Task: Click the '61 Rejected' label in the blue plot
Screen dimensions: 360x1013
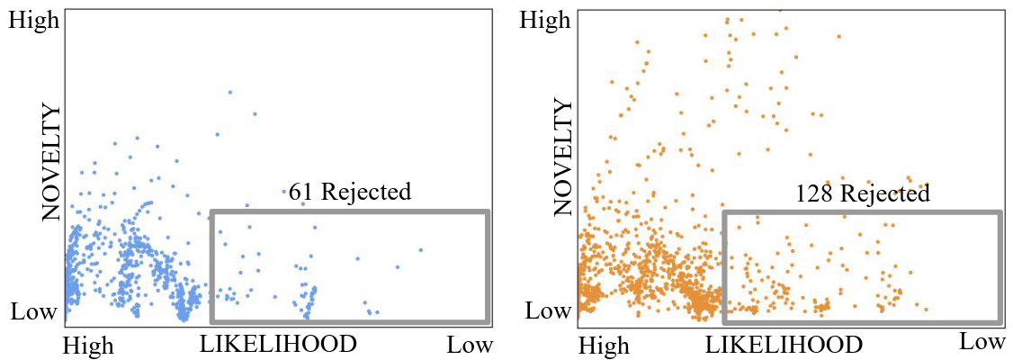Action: (350, 191)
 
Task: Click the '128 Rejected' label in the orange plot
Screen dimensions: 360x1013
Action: (862, 193)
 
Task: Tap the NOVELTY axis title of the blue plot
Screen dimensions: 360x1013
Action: (50, 162)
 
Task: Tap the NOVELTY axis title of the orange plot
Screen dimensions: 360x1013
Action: (564, 158)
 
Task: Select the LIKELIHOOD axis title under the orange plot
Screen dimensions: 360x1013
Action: (784, 345)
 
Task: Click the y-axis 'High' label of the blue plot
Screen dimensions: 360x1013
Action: (34, 20)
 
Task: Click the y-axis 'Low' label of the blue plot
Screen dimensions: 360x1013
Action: (34, 313)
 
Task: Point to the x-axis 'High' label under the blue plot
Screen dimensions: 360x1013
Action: (88, 346)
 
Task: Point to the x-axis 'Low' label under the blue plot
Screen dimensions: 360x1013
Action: (471, 345)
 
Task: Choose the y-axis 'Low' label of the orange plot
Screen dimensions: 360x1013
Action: (547, 312)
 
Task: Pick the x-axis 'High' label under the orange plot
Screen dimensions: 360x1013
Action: (604, 346)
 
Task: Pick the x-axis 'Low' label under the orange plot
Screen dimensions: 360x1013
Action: (982, 341)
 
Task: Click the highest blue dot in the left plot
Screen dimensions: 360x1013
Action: (230, 92)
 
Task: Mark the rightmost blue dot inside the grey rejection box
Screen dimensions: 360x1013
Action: (420, 249)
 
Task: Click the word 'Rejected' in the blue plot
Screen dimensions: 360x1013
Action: (366, 191)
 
